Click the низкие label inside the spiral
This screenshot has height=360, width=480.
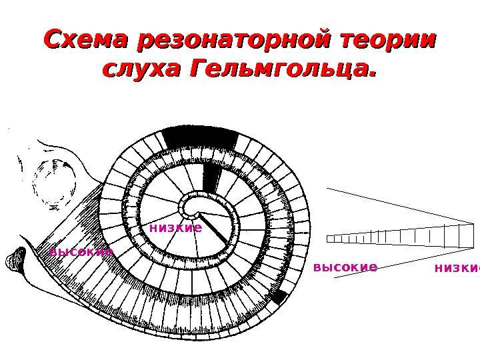point(175,228)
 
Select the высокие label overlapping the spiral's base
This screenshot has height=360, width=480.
point(81,252)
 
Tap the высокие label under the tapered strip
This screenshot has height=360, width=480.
point(345,267)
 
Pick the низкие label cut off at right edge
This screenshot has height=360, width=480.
point(457,268)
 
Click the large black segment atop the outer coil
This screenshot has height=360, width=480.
point(200,138)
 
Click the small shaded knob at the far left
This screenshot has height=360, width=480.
point(15,261)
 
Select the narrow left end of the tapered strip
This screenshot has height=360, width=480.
point(331,239)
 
